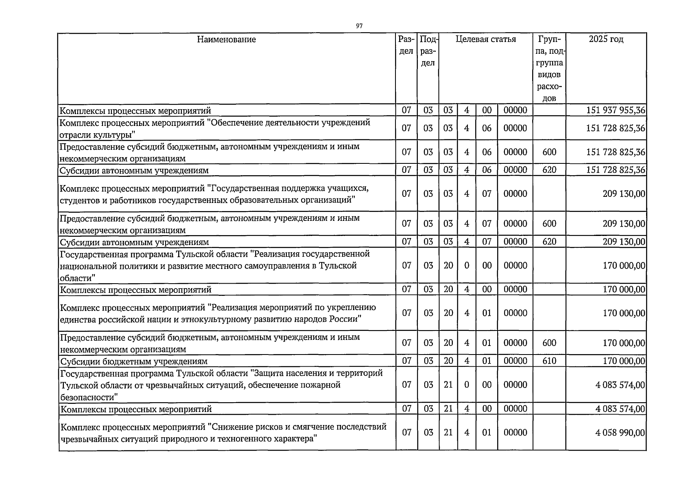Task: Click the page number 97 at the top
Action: click(359, 26)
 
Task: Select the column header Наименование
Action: click(226, 40)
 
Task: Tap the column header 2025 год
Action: click(606, 40)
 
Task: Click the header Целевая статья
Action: click(485, 40)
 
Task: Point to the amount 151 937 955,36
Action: click(616, 110)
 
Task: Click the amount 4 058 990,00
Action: click(620, 433)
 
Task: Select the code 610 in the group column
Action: click(549, 361)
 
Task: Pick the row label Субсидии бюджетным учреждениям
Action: click(133, 361)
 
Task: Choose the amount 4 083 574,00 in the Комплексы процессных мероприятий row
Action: click(620, 409)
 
